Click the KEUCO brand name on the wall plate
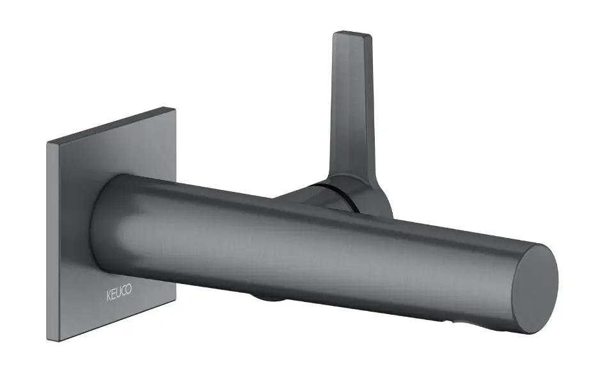(119, 292)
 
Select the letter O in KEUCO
(129, 290)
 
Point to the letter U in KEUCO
(118, 293)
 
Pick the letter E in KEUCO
(113, 295)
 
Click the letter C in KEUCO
(123, 292)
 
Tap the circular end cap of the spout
(535, 289)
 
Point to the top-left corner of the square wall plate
(47, 142)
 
